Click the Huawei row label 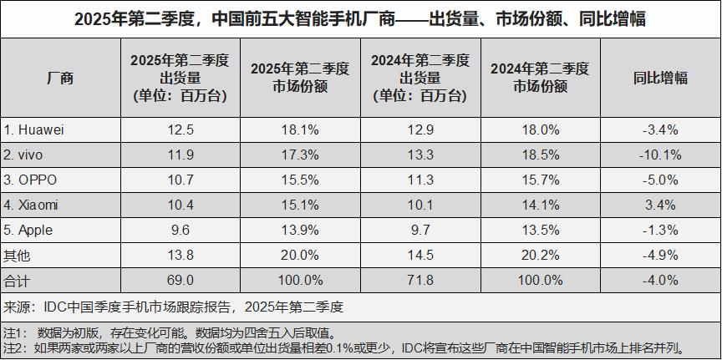click(x=34, y=129)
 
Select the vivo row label click(x=26, y=155)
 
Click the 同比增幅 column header click(x=660, y=79)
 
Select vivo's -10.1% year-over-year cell click(x=660, y=155)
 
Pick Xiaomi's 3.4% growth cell click(x=660, y=204)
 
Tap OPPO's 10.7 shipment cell click(x=180, y=179)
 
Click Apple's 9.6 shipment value click(x=180, y=228)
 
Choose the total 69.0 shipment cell click(x=180, y=278)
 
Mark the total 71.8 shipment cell click(x=420, y=278)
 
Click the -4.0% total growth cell click(x=660, y=278)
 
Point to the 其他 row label click(x=17, y=253)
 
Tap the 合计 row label click(x=17, y=278)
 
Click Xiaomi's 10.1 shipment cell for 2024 click(x=420, y=204)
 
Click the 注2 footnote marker click(x=14, y=347)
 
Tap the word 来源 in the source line click(x=17, y=306)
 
